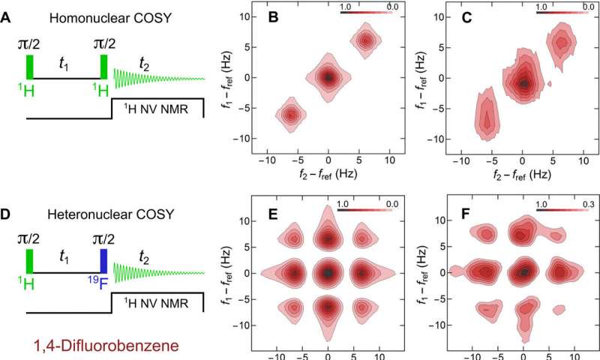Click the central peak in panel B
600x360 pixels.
point(328,76)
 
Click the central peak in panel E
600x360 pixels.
point(328,272)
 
